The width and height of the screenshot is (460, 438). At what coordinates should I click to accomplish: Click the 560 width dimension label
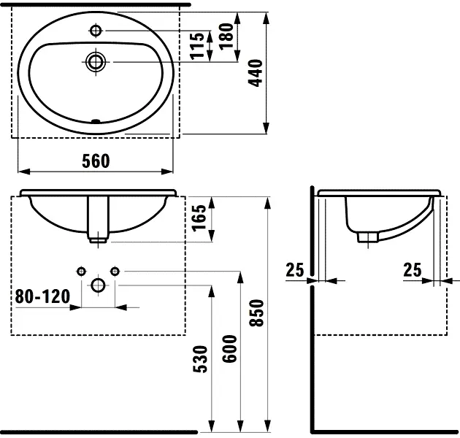coord(96,161)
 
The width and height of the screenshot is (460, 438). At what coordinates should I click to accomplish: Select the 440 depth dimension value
coord(255,73)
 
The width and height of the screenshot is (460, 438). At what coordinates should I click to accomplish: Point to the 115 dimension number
coord(196,46)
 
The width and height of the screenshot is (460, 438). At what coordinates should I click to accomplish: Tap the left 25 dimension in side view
coord(294,270)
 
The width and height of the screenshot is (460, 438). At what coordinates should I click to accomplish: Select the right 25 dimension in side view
coord(413,270)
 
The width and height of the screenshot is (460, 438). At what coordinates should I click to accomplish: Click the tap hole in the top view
coord(96,30)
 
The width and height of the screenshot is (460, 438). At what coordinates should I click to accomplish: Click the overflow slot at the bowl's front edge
coord(95,121)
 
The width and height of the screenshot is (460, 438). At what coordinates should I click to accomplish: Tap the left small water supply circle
coord(81,272)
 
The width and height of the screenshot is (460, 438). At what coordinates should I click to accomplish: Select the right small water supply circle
coord(114,272)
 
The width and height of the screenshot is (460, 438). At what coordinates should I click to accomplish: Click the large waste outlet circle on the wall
coord(97,285)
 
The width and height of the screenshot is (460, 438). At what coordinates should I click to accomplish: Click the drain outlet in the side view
coord(367,236)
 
